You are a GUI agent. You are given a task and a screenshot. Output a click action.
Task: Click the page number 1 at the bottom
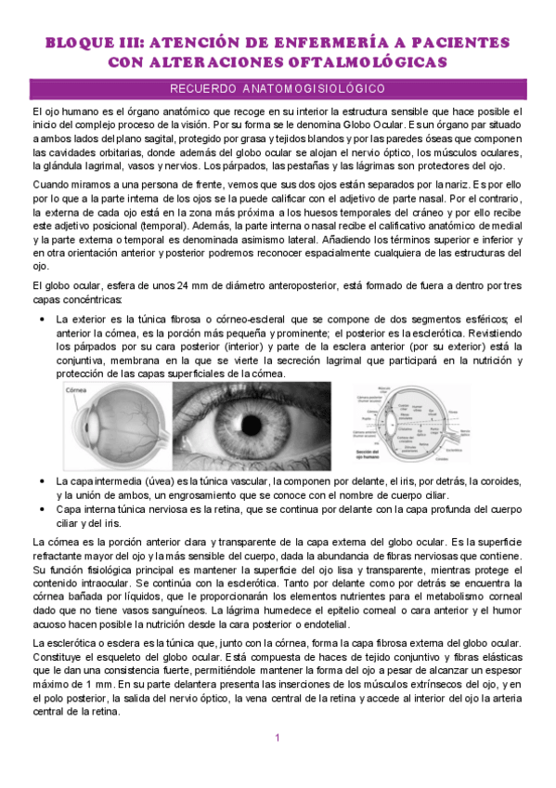coord(278,738)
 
